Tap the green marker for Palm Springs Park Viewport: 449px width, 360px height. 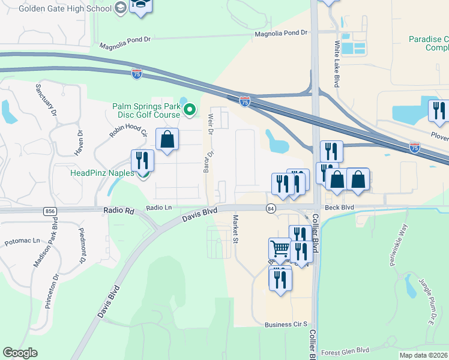(x=190, y=109)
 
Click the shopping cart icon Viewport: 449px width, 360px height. (x=279, y=248)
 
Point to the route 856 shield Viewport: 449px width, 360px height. (x=50, y=211)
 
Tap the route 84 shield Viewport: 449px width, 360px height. (x=271, y=208)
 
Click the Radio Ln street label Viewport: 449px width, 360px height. (x=160, y=208)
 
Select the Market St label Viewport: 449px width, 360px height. (x=236, y=229)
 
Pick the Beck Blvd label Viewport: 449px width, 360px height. (x=339, y=207)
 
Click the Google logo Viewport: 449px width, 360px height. (x=20, y=353)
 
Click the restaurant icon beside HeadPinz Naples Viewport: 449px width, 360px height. (x=142, y=160)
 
